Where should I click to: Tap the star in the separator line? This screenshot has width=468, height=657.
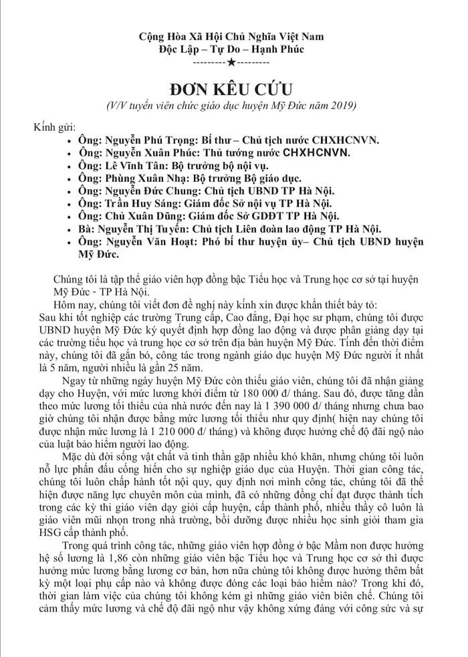(x=231, y=62)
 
